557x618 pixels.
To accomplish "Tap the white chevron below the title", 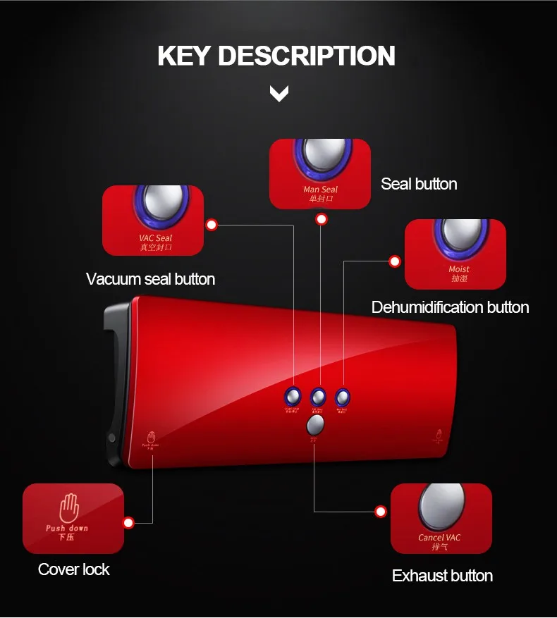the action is (x=279, y=93).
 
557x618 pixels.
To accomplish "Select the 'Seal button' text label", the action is (x=419, y=184).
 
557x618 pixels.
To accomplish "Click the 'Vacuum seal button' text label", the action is (x=150, y=279).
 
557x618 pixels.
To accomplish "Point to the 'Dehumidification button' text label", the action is (x=450, y=307).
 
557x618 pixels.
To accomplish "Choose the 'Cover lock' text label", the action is (x=74, y=569).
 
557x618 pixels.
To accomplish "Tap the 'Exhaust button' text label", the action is (x=442, y=576).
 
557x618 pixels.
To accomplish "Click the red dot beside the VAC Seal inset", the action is (x=212, y=225).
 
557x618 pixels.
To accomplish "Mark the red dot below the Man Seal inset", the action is (x=322, y=219).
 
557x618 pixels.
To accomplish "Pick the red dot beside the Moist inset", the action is (x=395, y=261).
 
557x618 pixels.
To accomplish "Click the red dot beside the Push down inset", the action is (x=128, y=523).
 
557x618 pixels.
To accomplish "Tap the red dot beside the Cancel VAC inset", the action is (x=381, y=512).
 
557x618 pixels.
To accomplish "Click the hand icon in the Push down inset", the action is (x=68, y=507).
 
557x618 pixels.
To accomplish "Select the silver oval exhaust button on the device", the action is (x=316, y=425).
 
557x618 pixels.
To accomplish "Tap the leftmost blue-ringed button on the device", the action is (x=293, y=397).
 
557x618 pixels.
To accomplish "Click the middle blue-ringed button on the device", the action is (x=318, y=397).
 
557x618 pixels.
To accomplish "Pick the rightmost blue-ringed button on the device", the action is (x=343, y=397).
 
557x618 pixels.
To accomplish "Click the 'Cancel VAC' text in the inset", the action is (x=439, y=538).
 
